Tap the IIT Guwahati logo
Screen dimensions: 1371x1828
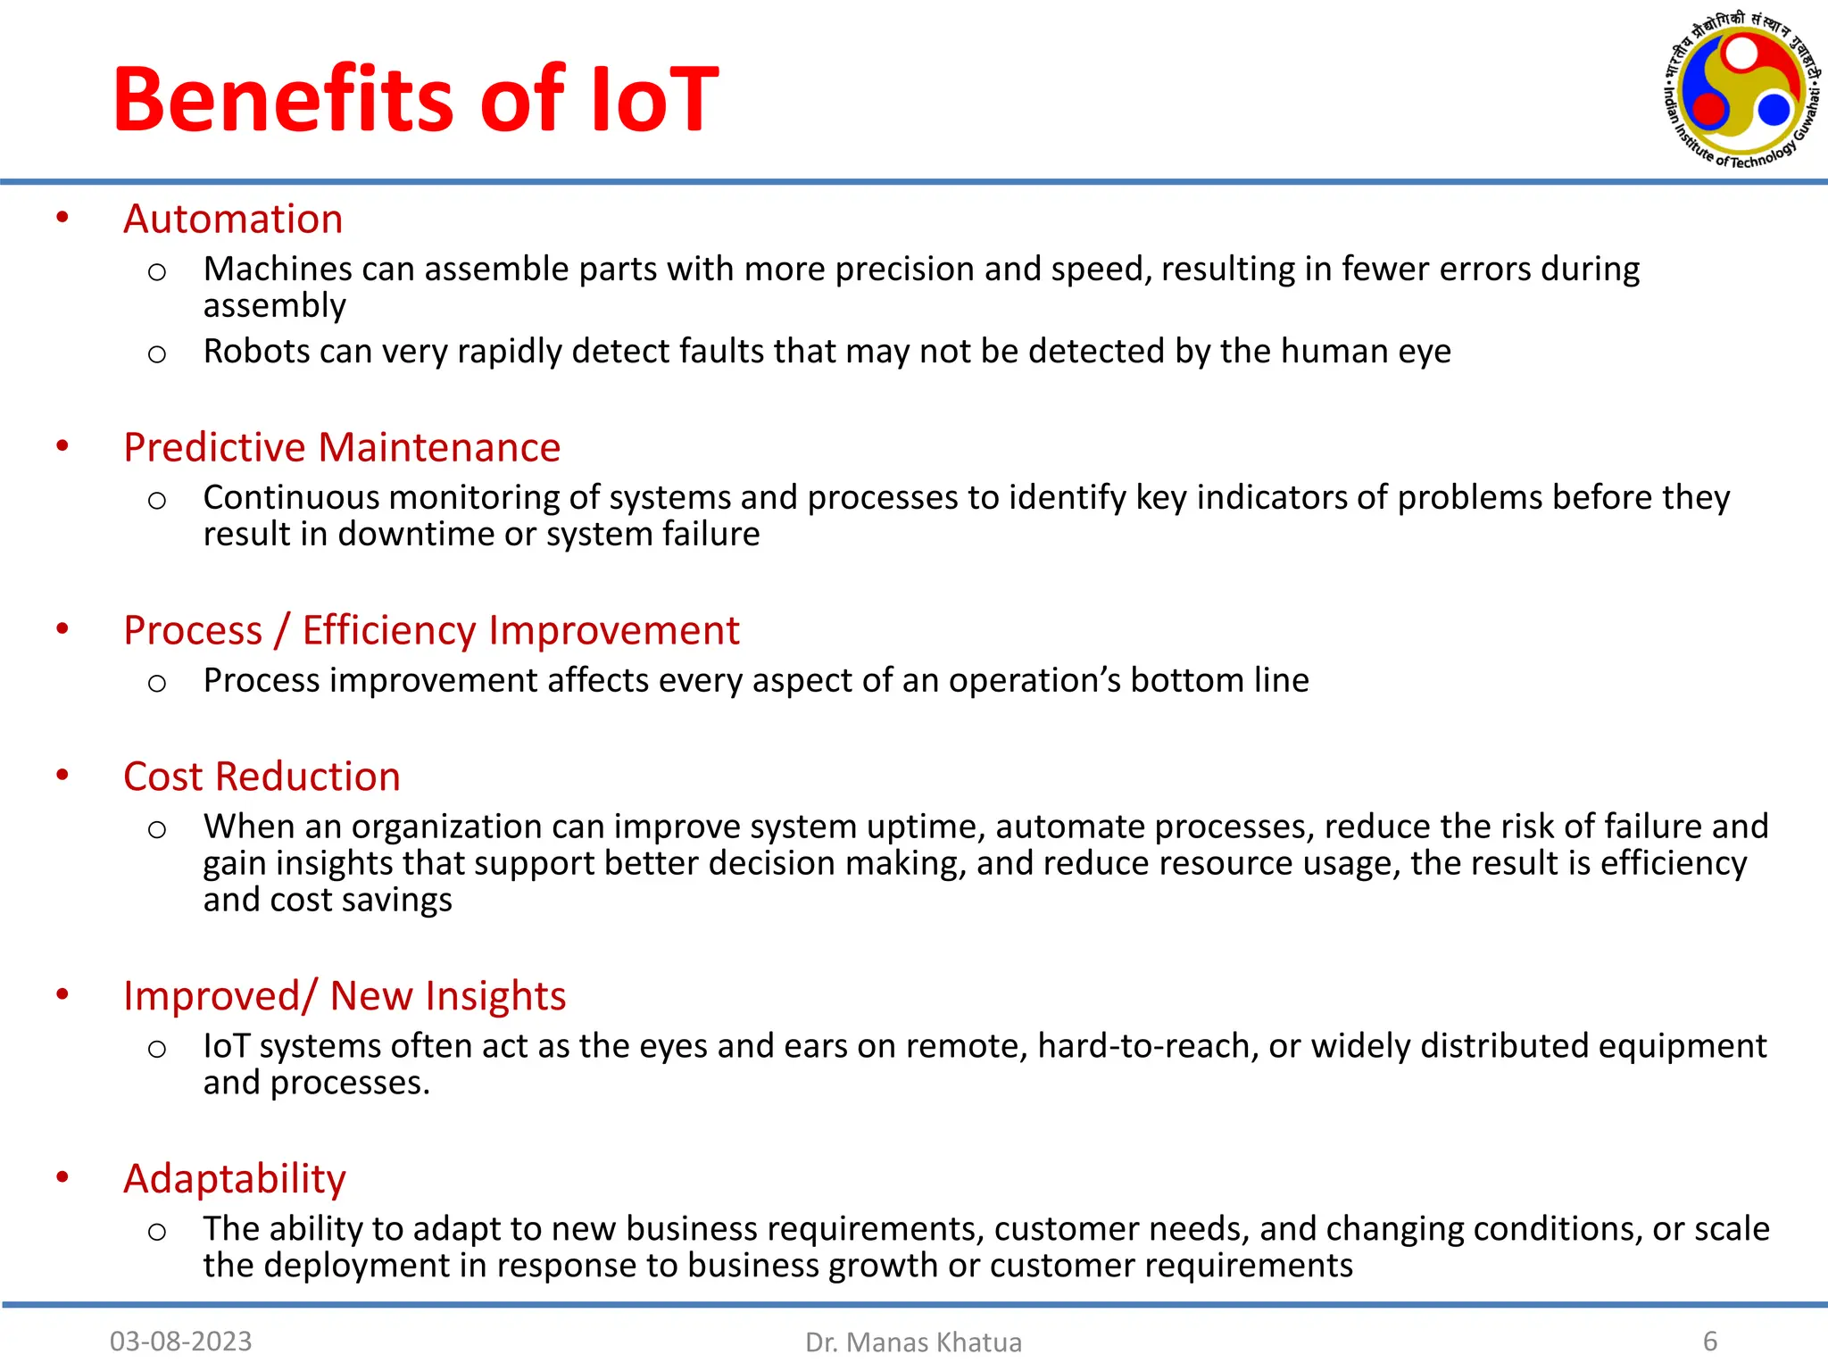tap(1741, 90)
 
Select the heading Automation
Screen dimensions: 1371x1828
tap(233, 219)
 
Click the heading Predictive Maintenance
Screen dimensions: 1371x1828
tap(342, 447)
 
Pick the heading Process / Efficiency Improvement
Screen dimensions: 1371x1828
tap(431, 630)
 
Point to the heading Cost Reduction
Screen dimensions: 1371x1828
tap(262, 777)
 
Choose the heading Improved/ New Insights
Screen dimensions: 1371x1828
tap(345, 996)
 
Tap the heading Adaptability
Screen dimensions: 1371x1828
tap(234, 1179)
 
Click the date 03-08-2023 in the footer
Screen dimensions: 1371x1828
tap(180, 1341)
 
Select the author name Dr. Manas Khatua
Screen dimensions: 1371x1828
tap(913, 1342)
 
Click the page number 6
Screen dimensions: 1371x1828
tap(1710, 1341)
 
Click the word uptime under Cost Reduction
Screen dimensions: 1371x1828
tap(926, 827)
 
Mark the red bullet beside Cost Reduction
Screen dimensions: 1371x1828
tap(62, 775)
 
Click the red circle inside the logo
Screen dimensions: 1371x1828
tap(1709, 109)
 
